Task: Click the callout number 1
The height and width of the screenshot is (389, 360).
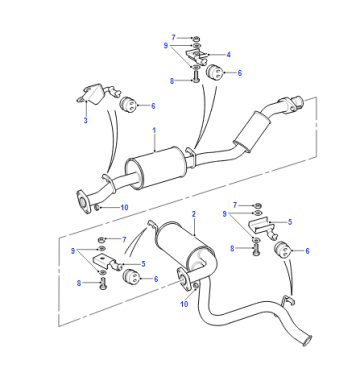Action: pos(154,130)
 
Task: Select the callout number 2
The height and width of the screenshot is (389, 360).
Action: pos(194,214)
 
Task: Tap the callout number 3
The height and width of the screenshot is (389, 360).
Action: pos(85,120)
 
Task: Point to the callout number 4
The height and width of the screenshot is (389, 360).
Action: pos(228,54)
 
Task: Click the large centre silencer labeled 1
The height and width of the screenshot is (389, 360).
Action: pos(155,168)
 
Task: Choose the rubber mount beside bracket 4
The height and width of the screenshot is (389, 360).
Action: pos(214,72)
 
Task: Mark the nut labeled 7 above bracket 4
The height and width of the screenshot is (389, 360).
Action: pos(196,37)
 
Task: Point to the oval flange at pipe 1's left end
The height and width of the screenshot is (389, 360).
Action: pos(84,202)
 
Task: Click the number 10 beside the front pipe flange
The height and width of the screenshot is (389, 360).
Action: pos(124,208)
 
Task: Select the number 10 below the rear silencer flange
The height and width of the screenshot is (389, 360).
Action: pos(184,304)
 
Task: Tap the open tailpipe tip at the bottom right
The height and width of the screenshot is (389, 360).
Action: pos(307,340)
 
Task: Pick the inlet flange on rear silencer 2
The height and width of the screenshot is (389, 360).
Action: pos(183,279)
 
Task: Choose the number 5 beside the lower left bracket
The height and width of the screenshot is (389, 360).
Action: pos(143,264)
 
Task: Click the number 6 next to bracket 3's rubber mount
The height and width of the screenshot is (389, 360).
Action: pos(153,106)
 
